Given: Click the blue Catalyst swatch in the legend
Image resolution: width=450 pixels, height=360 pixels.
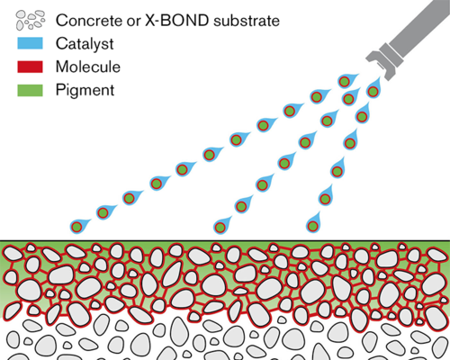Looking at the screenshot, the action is [x=30, y=43].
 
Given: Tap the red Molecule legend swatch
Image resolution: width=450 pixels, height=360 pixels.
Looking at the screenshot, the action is [x=30, y=67].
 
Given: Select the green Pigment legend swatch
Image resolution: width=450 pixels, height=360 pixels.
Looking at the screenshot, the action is [x=30, y=90].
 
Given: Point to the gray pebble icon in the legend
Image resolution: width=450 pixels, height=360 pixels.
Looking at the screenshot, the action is [x=31, y=20].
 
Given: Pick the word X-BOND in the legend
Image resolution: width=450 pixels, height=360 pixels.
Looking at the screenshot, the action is [x=177, y=21].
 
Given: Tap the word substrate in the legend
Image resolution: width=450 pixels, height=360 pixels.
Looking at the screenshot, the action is [x=247, y=21].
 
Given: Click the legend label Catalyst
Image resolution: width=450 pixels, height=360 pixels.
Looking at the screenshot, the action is [x=85, y=44].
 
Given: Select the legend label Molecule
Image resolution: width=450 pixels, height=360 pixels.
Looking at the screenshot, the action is [x=88, y=67].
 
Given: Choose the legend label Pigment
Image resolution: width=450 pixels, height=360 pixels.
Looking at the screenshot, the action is [x=85, y=91].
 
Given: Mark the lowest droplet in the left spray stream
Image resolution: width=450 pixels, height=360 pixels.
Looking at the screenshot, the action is [x=78, y=226].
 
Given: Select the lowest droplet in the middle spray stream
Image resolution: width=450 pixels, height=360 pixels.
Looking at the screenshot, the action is [x=221, y=226].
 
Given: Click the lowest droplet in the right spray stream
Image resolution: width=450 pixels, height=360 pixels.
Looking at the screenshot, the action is [x=313, y=224].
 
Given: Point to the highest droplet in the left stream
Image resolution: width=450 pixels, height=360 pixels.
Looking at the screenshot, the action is [x=346, y=81].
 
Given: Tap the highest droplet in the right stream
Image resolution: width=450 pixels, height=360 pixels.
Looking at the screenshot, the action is [x=373, y=89].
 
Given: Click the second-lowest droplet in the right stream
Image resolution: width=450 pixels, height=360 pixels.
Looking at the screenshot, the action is [x=326, y=197].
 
